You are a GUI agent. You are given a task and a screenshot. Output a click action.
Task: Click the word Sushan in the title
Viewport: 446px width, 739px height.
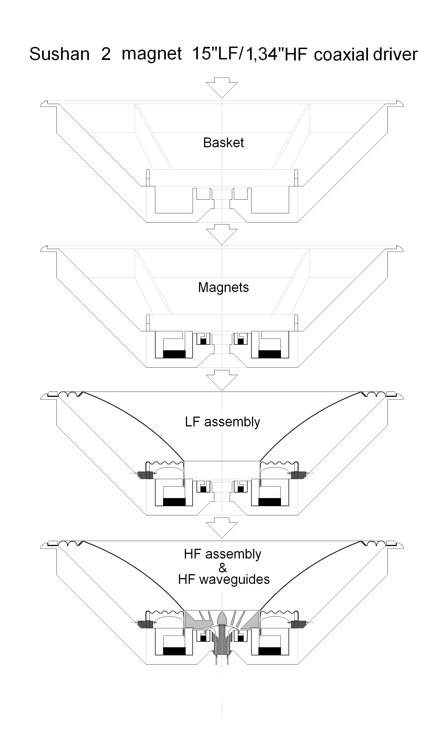[x=59, y=54]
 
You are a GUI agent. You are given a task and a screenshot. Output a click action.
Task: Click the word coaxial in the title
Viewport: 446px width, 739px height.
[x=341, y=55]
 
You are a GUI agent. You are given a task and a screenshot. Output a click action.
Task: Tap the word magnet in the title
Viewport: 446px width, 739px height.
[x=152, y=54]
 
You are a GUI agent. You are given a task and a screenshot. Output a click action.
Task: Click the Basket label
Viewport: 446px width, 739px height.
[x=223, y=143]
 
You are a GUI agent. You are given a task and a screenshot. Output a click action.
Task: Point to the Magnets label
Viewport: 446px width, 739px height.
[x=223, y=288]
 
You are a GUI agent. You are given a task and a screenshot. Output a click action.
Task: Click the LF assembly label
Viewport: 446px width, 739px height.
[x=222, y=422]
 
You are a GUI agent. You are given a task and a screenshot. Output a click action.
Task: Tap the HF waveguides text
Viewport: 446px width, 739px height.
[x=224, y=580]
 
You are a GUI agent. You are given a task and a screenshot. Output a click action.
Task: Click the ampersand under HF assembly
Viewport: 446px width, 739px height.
[x=222, y=567]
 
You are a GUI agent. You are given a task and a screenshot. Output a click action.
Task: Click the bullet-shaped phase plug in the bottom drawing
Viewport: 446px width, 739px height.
[x=222, y=617]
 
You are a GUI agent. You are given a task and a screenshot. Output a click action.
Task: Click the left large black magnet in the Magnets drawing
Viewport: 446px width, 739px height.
[x=174, y=354]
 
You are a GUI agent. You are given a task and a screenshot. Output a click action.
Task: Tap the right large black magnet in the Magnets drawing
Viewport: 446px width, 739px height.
[x=270, y=354]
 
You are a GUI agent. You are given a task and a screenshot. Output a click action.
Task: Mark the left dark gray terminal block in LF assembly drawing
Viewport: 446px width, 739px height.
[x=146, y=475]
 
